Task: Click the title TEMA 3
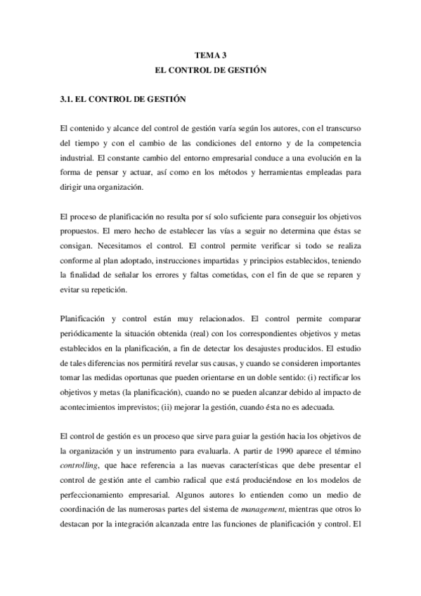click(x=211, y=54)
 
